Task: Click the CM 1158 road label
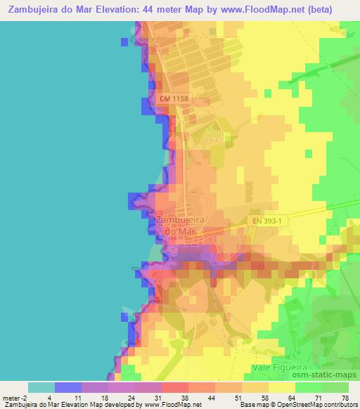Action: coord(173,101)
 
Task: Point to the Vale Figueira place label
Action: coord(280,368)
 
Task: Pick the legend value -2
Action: coord(27,398)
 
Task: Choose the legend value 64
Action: coord(281,398)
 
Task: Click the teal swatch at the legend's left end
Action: coord(41,387)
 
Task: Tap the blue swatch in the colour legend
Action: coord(68,387)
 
